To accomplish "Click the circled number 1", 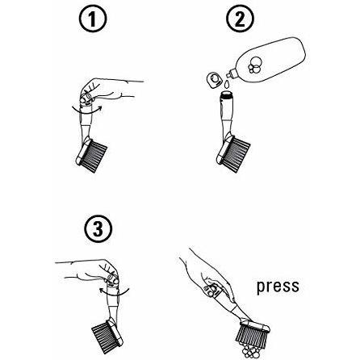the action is pos(93,19).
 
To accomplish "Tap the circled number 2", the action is pos(240,19).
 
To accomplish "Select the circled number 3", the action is pos(98,228).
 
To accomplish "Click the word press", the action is pos(278,287).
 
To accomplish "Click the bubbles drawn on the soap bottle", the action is pos(254,65).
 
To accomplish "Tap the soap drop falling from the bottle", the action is pos(227,84).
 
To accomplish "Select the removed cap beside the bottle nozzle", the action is pos(215,79).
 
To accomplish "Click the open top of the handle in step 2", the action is pos(227,94).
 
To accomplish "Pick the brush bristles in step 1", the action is pos(94,157).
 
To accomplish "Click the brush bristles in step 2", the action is pos(237,154).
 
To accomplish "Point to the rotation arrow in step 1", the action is pos(86,111).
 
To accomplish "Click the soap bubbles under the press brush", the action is pos(249,350).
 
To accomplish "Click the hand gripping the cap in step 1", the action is pos(107,90).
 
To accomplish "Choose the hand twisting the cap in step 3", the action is pos(89,272).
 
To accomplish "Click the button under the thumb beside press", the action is pos(211,290).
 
